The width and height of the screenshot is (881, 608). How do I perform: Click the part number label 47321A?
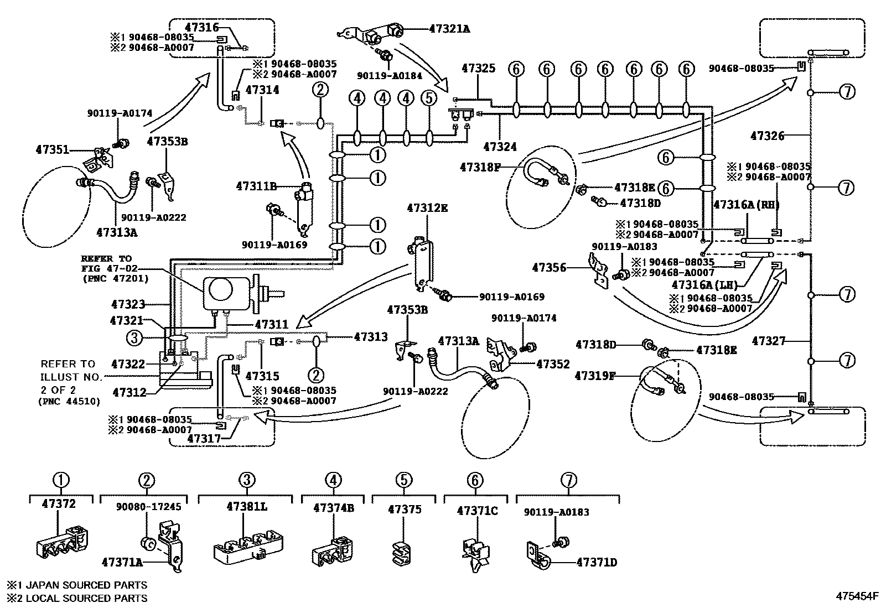[x=449, y=28]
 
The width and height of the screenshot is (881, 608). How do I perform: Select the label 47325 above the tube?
[x=479, y=69]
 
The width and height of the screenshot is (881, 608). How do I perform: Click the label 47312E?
[x=427, y=208]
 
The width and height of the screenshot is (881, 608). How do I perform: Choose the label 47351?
[x=52, y=150]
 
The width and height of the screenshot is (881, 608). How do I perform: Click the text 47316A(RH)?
[x=746, y=205]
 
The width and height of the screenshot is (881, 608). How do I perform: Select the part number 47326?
[x=768, y=135]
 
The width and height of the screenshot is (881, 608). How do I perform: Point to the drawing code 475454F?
[x=857, y=596]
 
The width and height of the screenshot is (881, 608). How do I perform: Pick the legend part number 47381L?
[x=246, y=506]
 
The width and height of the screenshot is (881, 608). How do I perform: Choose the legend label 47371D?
[x=597, y=563]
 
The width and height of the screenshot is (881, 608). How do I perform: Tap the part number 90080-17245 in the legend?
[x=148, y=507]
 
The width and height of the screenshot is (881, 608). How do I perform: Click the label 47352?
[x=553, y=364]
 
